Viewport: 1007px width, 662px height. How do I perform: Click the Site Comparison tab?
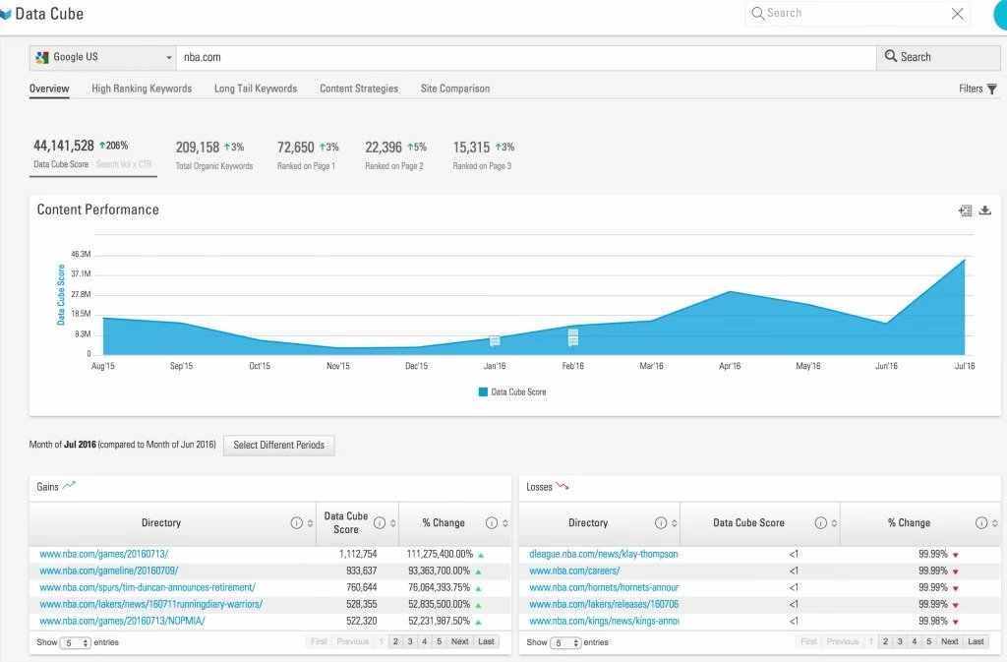point(454,89)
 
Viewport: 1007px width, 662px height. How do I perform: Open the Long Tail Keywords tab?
point(256,89)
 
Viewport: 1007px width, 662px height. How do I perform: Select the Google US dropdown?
point(102,57)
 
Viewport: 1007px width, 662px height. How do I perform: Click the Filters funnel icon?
point(992,89)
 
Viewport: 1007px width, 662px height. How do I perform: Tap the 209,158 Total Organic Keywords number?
point(198,148)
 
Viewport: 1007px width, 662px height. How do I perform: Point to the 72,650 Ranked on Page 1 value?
point(295,148)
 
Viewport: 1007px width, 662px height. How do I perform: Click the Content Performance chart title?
point(97,210)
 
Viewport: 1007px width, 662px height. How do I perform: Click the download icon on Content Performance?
point(985,211)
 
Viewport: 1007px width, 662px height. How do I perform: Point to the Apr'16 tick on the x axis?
point(730,366)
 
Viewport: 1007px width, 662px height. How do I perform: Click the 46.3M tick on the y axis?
point(81,255)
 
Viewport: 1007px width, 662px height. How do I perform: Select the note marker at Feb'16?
point(572,337)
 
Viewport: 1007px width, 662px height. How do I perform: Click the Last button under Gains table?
point(486,641)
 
